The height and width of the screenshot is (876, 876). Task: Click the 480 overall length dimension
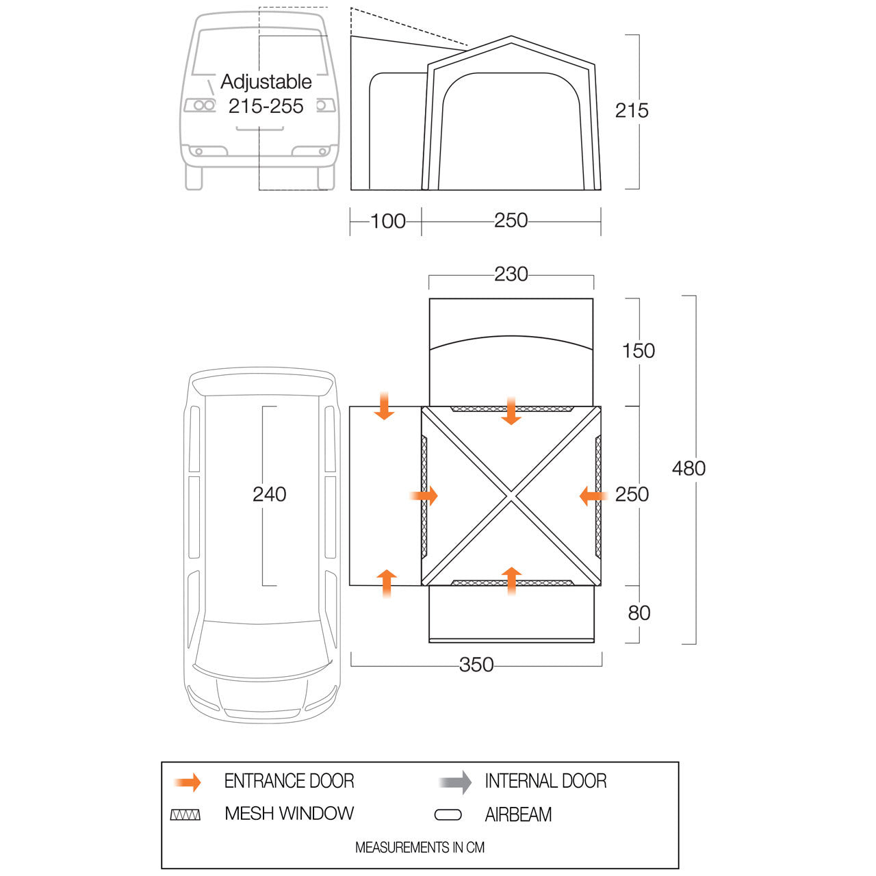pyautogui.click(x=688, y=469)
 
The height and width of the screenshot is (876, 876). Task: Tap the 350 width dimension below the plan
pyautogui.click(x=476, y=665)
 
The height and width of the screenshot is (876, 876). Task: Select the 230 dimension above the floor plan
pyautogui.click(x=511, y=274)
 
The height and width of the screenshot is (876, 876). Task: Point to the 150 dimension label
pyautogui.click(x=639, y=351)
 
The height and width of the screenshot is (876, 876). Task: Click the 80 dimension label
pyautogui.click(x=639, y=613)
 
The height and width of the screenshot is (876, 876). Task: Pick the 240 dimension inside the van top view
pyautogui.click(x=269, y=494)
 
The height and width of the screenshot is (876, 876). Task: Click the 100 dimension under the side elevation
pyautogui.click(x=388, y=221)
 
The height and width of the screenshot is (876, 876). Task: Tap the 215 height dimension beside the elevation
pyautogui.click(x=632, y=110)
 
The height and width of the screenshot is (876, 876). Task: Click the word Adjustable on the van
pyautogui.click(x=266, y=82)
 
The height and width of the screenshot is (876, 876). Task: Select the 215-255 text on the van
pyautogui.click(x=266, y=106)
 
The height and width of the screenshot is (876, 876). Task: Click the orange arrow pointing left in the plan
pyautogui.click(x=594, y=496)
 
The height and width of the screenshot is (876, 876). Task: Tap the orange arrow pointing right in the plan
pyautogui.click(x=424, y=495)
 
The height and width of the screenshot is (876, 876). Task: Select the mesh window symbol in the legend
pyautogui.click(x=185, y=814)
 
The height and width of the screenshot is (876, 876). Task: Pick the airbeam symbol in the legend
pyautogui.click(x=448, y=815)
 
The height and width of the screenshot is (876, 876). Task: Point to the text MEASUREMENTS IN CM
pyautogui.click(x=420, y=847)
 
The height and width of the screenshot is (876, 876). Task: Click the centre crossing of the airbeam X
pyautogui.click(x=511, y=496)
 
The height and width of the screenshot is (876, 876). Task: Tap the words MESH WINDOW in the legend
pyautogui.click(x=289, y=814)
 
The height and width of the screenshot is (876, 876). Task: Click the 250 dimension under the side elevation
pyautogui.click(x=511, y=220)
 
